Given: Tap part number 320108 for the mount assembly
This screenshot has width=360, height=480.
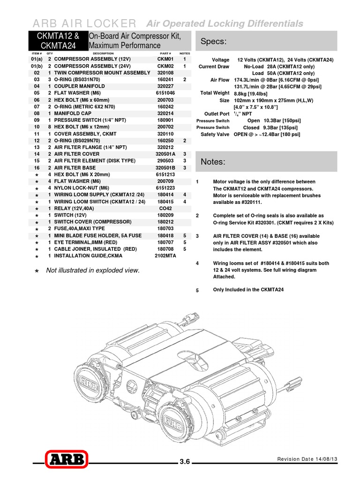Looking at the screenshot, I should pyautogui.click(x=165, y=73).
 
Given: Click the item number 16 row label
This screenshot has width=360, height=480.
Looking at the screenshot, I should pyautogui.click(x=37, y=168).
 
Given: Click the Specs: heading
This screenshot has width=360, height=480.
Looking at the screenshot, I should pyautogui.click(x=213, y=42).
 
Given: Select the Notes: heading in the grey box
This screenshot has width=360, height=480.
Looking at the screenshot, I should pyautogui.click(x=213, y=162).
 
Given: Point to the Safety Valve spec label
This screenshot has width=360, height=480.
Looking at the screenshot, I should pyautogui.click(x=215, y=135).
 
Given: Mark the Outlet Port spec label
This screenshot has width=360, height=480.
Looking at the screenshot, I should pyautogui.click(x=217, y=114).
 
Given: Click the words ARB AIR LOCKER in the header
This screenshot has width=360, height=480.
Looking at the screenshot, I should pyautogui.click(x=84, y=23).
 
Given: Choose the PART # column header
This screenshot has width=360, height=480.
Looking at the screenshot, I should pyautogui.click(x=165, y=53).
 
